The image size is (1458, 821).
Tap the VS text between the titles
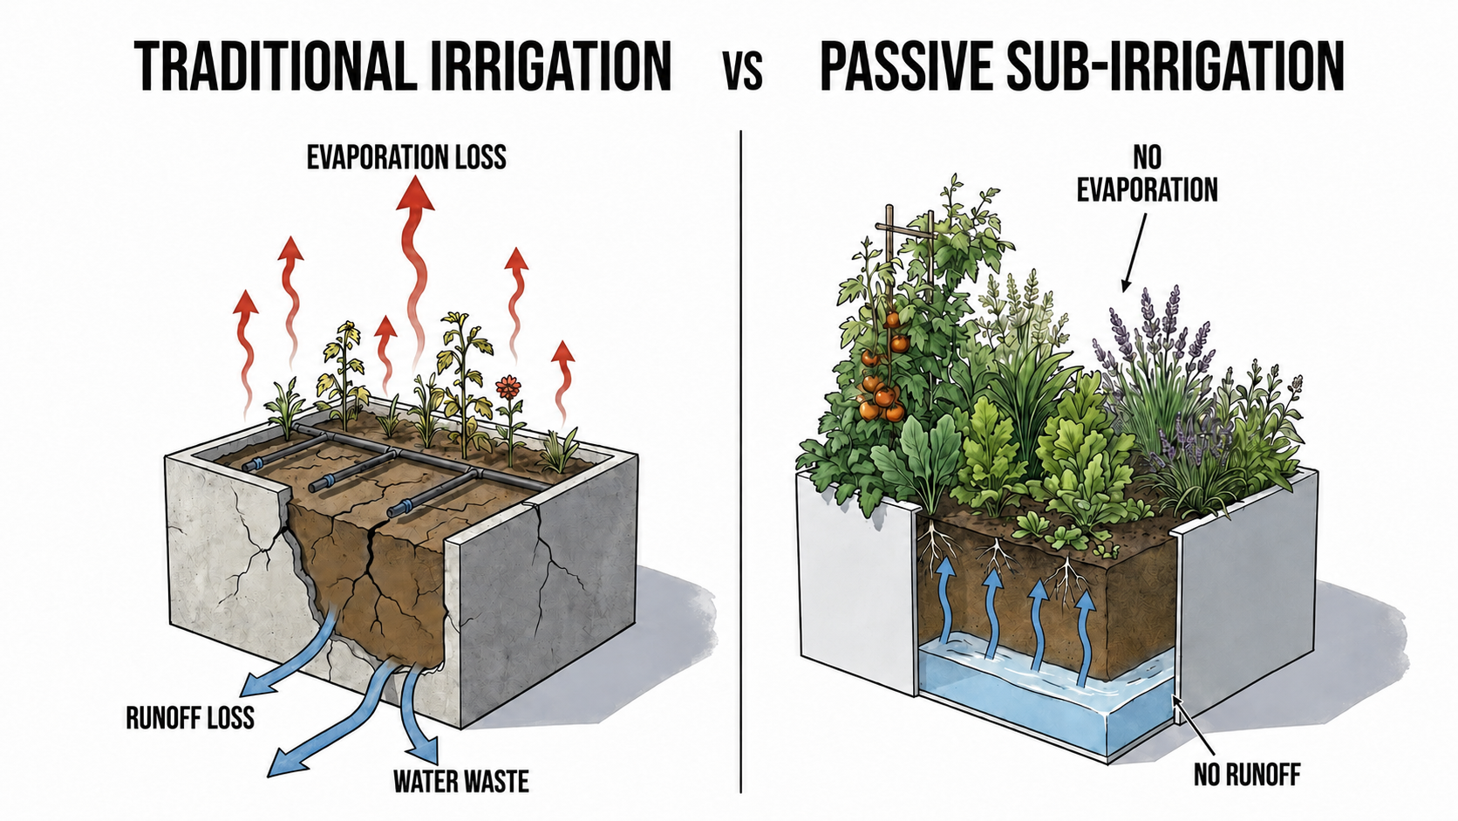[x=743, y=72]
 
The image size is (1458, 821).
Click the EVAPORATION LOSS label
[x=406, y=158]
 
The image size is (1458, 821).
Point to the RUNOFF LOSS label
[x=190, y=717]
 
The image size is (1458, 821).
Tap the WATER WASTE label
[x=460, y=781]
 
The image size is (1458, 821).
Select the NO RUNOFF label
[x=1247, y=775]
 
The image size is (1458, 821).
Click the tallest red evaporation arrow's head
[x=415, y=194]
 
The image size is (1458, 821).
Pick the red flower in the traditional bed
[x=507, y=387]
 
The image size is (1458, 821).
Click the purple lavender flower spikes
[x=1152, y=346]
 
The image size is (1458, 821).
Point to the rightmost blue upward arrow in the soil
[x=1084, y=638]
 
